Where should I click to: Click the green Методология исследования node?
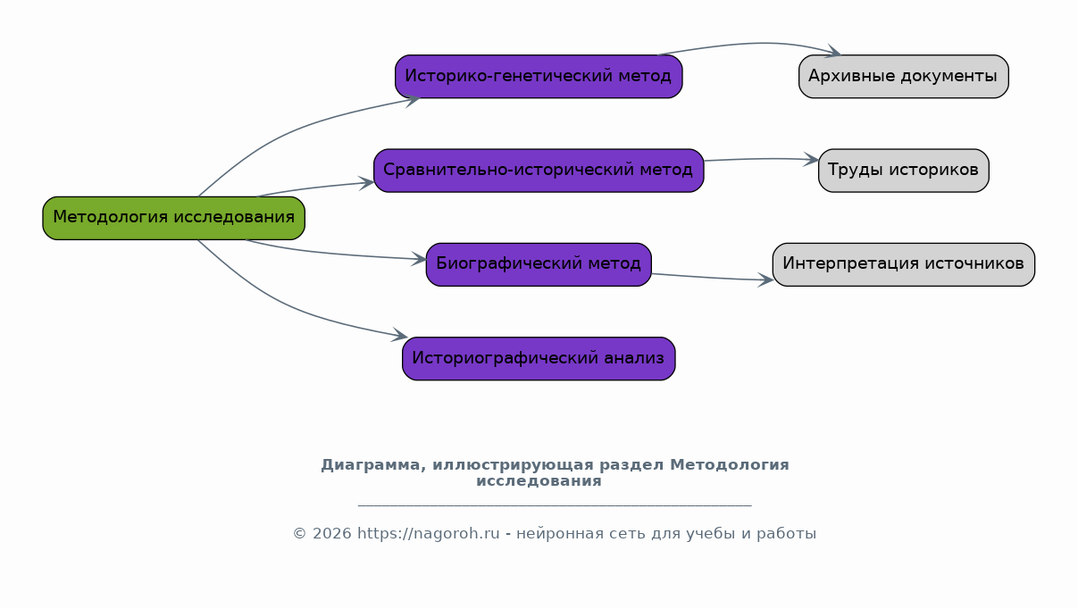(x=174, y=218)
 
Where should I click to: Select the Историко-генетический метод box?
(x=539, y=77)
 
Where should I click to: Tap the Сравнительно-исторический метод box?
(x=539, y=171)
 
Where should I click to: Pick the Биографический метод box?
(x=539, y=264)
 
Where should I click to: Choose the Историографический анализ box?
(x=539, y=359)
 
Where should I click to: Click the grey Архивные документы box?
(x=903, y=77)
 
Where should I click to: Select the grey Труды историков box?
(x=903, y=171)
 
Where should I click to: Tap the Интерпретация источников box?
(x=903, y=264)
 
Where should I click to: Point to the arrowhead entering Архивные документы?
(x=833, y=51)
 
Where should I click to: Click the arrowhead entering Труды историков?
(x=811, y=160)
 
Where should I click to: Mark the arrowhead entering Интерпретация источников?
(x=765, y=279)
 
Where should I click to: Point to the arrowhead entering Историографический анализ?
(x=399, y=335)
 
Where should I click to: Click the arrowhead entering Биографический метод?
(x=418, y=259)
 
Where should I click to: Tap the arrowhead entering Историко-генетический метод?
(x=413, y=101)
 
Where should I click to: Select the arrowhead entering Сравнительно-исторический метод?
(x=366, y=183)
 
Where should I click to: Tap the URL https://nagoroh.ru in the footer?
(x=429, y=533)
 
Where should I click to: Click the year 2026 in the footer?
(x=332, y=533)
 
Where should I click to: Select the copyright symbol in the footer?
(x=300, y=533)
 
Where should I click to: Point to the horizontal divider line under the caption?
(x=555, y=505)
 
